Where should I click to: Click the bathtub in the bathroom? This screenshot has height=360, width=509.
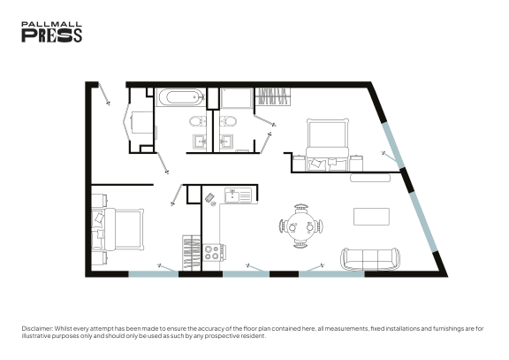coord(180,97)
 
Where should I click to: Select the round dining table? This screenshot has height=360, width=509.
coord(301,226)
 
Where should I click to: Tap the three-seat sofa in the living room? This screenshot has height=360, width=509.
coord(370,259)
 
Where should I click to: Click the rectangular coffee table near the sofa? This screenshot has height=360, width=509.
coord(371,217)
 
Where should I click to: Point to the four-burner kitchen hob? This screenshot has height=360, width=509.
coord(214,253)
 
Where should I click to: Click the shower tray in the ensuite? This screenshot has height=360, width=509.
coord(237,98)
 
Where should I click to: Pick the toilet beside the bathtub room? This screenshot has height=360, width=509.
coord(198,122)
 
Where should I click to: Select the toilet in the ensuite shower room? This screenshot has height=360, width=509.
coord(228,122)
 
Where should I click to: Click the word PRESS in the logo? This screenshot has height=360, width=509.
coord(51,35)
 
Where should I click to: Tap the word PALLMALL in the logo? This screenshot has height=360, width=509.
coord(51,25)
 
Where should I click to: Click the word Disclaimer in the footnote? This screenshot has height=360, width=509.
coord(37,328)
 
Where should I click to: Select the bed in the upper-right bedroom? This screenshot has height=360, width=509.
coord(327,144)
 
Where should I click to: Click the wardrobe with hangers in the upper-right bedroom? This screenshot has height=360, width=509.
coord(273,96)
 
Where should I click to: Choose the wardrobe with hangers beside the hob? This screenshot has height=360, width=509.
coord(192,253)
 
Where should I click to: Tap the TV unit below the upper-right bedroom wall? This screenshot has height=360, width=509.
coord(370,178)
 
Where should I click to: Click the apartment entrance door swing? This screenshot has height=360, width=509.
coord(104,94)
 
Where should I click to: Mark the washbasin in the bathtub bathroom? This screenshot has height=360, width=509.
coord(200,142)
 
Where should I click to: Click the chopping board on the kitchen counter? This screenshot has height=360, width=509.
coord(209,197)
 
